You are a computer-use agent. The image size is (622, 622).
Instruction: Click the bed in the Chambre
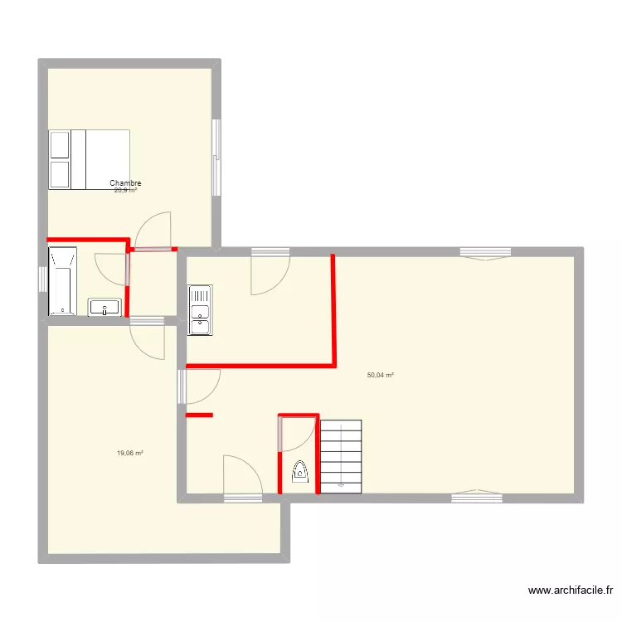tap(90, 159)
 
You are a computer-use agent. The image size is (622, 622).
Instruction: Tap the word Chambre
tap(125, 183)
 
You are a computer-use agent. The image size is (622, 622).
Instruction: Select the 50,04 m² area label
tap(381, 375)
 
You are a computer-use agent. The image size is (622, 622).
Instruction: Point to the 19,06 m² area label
tap(130, 454)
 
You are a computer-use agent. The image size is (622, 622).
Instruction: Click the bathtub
tap(63, 280)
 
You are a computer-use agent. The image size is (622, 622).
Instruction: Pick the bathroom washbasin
tap(105, 307)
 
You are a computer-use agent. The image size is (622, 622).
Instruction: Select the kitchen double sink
tap(200, 309)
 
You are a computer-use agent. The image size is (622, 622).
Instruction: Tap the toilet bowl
tap(300, 472)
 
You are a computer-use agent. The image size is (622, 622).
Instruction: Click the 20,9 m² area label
tap(125, 191)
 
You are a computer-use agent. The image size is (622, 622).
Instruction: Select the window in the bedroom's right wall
tap(216, 158)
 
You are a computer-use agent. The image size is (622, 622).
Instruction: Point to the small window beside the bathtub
tap(41, 279)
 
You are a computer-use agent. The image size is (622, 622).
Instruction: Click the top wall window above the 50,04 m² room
tap(485, 251)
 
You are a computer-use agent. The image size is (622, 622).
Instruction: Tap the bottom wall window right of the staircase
tap(477, 498)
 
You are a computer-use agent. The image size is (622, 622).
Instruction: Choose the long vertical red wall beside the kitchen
tap(333, 309)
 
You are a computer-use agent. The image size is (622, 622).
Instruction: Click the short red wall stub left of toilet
tap(199, 415)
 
